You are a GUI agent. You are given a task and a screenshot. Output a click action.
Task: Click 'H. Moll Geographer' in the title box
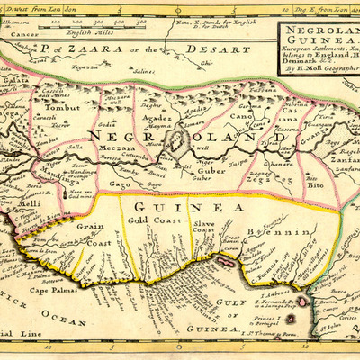coord(319,80)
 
